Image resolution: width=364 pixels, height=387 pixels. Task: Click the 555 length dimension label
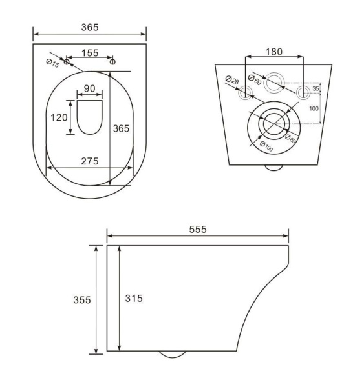[198, 229]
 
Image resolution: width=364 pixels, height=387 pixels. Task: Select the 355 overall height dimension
[82, 300]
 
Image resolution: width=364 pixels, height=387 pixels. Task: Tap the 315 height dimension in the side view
[134, 299]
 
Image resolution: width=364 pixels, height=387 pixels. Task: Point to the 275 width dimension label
[90, 161]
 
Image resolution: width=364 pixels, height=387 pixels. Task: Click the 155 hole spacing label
[90, 53]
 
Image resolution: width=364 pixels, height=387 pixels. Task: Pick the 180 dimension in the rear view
[274, 52]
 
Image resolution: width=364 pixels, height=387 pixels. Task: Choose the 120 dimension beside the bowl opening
[59, 117]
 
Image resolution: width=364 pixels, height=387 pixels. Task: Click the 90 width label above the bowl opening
[90, 88]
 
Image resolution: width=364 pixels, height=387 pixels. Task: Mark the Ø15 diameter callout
[53, 63]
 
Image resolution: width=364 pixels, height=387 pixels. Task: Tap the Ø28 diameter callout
[232, 80]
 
